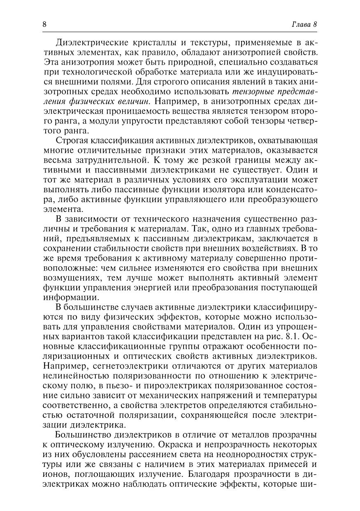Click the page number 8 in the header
coord(44,24)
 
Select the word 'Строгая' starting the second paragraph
coord(70,141)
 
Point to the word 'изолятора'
coord(220,190)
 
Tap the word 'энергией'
coord(159,287)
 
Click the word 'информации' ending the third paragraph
coord(70,297)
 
